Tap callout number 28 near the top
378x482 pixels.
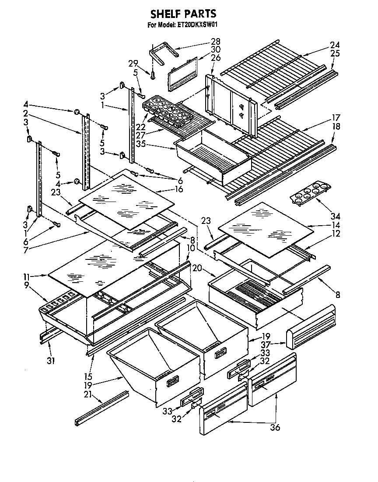click(x=215, y=42)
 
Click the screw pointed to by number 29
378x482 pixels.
click(x=153, y=75)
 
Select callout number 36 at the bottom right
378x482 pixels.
click(x=275, y=427)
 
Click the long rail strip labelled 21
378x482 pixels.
click(x=101, y=408)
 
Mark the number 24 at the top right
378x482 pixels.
click(x=335, y=45)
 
